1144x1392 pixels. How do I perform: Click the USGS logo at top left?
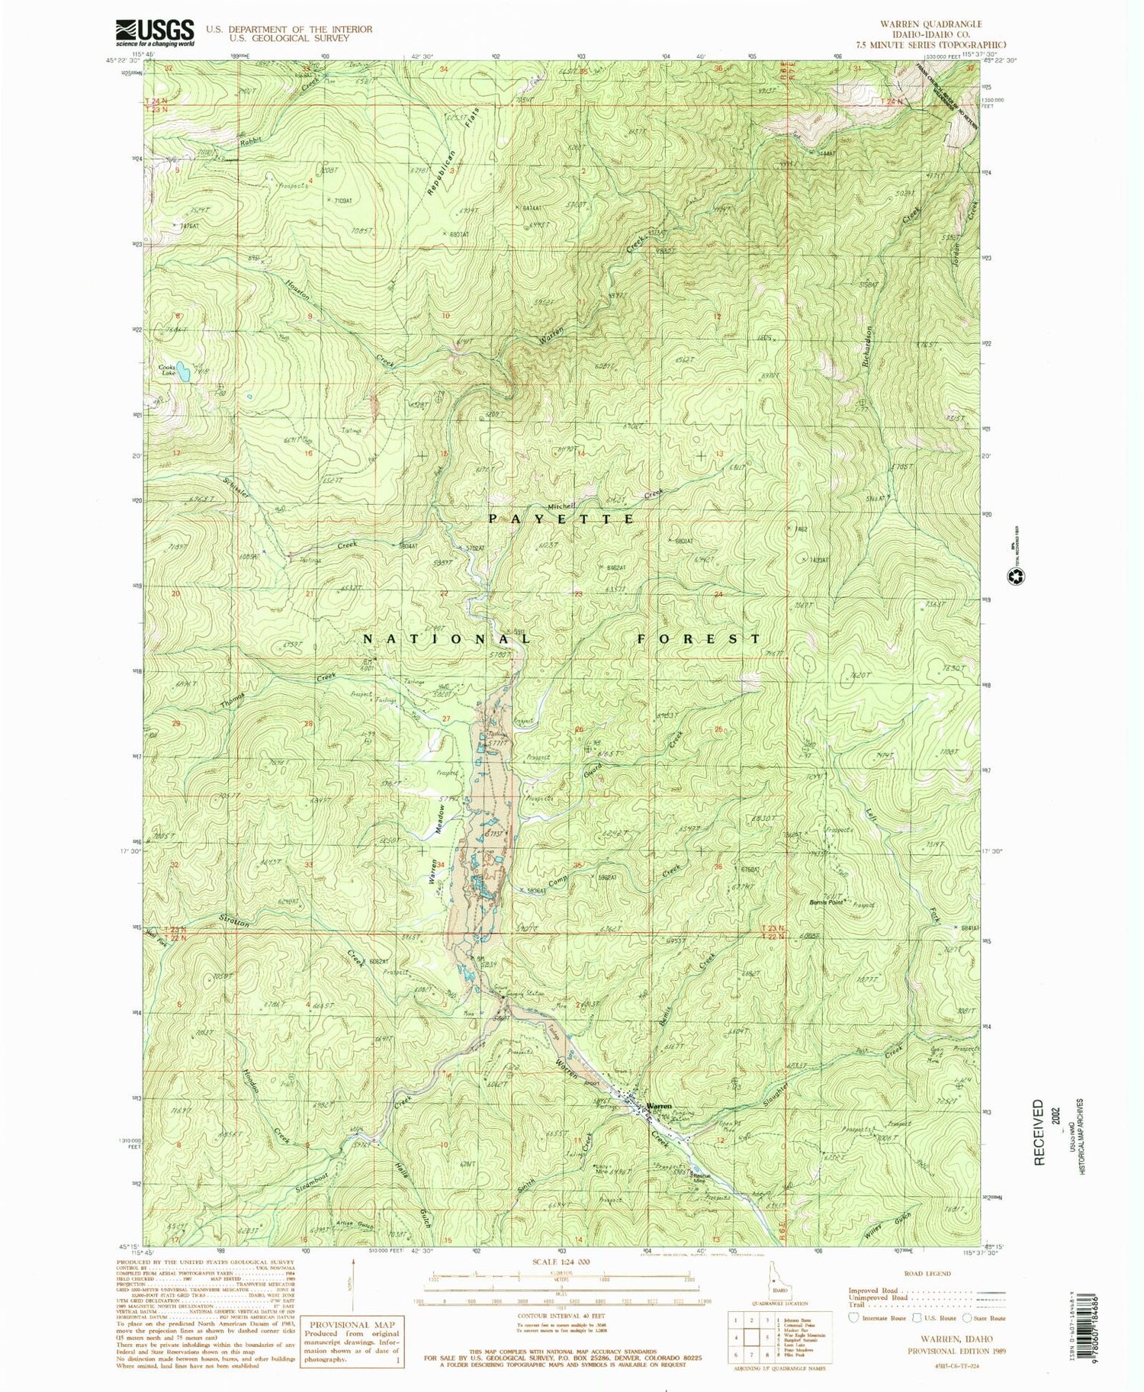(x=155, y=33)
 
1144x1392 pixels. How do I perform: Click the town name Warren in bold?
(x=659, y=1105)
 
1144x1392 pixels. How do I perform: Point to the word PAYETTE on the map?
(x=561, y=519)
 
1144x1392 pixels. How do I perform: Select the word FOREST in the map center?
(x=698, y=638)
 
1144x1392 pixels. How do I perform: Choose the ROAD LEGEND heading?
(x=927, y=1274)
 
